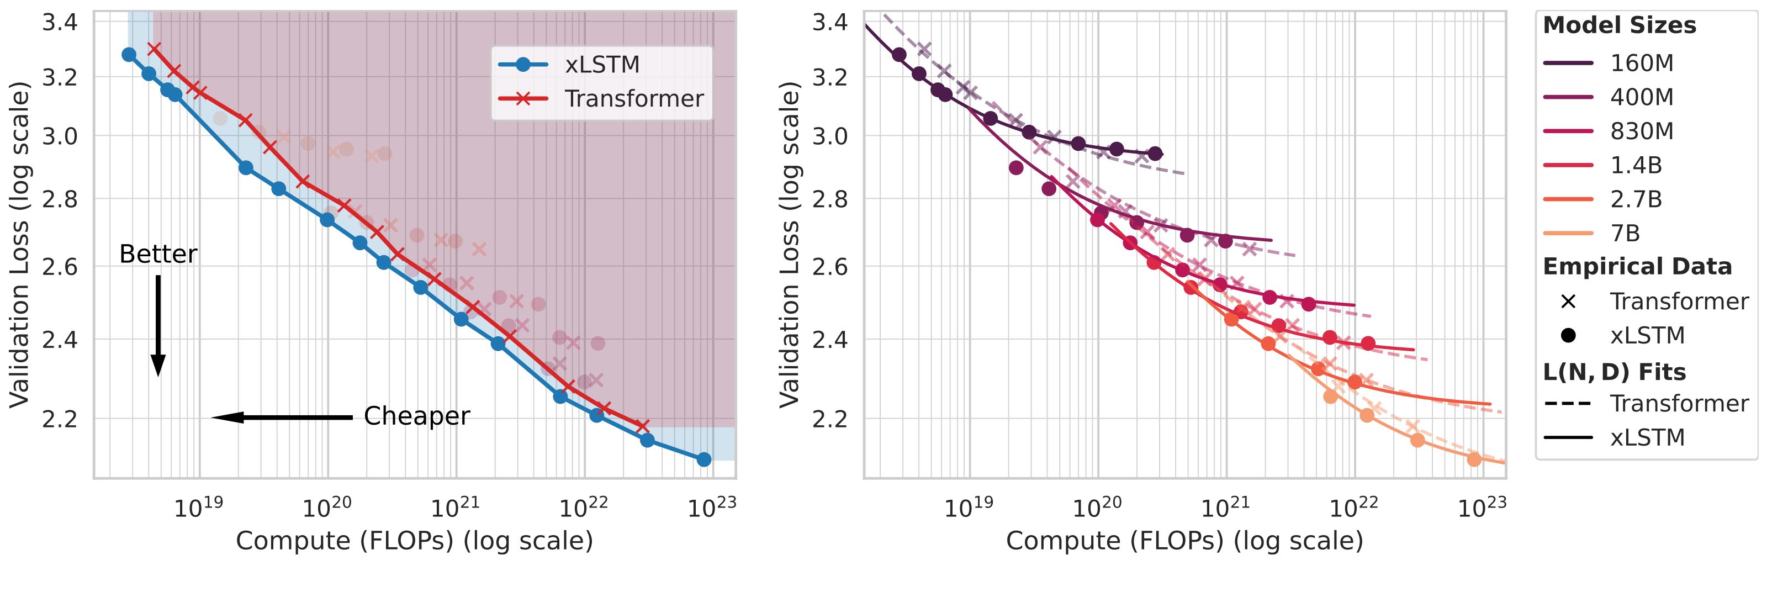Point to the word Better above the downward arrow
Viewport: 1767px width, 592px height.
[x=158, y=255]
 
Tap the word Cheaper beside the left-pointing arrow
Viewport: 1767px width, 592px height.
[x=416, y=416]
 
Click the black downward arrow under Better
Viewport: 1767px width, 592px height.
[x=158, y=325]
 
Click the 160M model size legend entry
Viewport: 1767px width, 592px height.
[x=1642, y=63]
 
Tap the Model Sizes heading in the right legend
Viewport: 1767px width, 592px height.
[x=1619, y=26]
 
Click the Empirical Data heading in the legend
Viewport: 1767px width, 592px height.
[x=1637, y=266]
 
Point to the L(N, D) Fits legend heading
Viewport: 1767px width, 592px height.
[x=1614, y=372]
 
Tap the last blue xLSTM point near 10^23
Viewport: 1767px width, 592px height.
[x=704, y=459]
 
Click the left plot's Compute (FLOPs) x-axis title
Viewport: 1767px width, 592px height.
[x=414, y=541]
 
